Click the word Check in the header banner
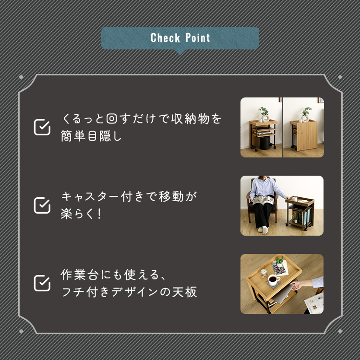pos(165,38)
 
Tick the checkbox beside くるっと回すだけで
pos(42,127)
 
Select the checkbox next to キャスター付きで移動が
pos(42,205)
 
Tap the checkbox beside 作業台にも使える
pos(42,283)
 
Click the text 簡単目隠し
pos(91,136)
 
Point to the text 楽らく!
pos(81,214)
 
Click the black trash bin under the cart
pos(264,143)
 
